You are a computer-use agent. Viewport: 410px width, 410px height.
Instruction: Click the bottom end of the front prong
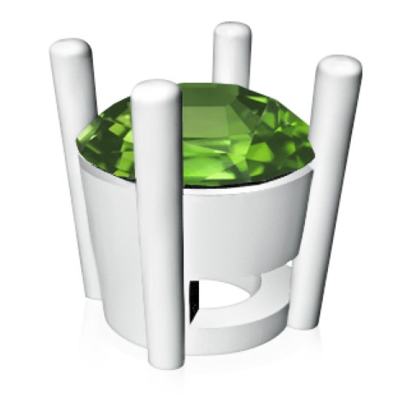click(x=163, y=363)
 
